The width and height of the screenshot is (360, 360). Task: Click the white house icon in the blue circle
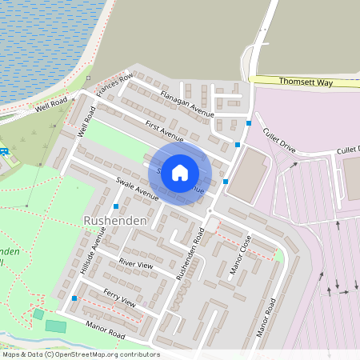(x=180, y=172)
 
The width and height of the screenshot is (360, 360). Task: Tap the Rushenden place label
(x=111, y=219)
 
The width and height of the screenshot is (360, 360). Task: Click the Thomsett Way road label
(x=306, y=81)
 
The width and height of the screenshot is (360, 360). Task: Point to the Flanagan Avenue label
(x=186, y=103)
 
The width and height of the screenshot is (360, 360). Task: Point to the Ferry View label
(x=120, y=300)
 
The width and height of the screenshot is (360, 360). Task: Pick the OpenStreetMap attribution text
(x=81, y=354)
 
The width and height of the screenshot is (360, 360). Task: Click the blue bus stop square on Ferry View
(x=74, y=298)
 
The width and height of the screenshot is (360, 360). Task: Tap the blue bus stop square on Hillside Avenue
(x=117, y=206)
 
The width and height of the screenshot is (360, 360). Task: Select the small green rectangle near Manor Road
(x=56, y=326)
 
